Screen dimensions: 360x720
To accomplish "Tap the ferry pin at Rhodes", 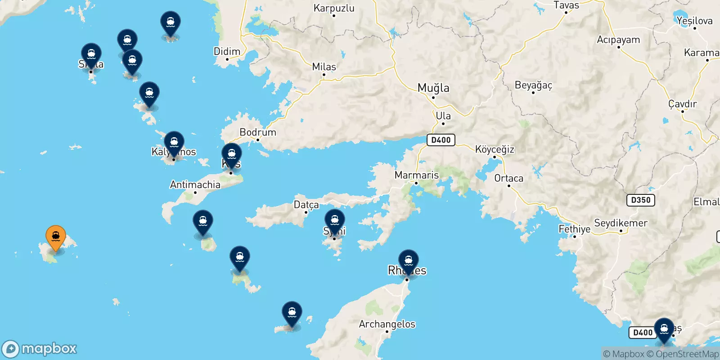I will [409, 261].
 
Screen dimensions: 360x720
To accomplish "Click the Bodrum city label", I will [258, 132].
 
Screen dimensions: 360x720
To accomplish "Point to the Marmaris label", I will [416, 175].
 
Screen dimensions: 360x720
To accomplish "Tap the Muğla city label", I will [433, 88].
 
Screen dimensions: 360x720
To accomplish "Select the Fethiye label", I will [574, 229].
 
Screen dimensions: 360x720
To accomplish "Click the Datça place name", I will [306, 205].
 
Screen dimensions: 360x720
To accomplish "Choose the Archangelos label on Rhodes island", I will [387, 324].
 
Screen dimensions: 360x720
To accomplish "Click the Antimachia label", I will [195, 184].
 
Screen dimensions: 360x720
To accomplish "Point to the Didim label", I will [227, 51].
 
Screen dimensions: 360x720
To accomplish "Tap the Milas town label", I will [324, 67].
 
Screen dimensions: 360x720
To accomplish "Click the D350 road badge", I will [640, 200].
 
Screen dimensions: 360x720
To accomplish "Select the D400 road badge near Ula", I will [441, 140].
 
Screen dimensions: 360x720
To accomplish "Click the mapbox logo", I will [40, 349].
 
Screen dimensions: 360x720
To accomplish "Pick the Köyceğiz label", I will [495, 149].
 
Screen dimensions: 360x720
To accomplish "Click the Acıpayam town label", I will [618, 40].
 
